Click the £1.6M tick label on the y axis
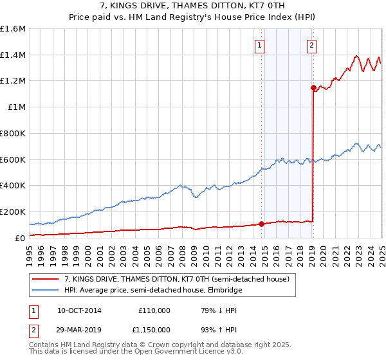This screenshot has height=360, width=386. click(13, 29)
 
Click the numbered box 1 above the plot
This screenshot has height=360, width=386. click(259, 46)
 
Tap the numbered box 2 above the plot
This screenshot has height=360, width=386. click(311, 46)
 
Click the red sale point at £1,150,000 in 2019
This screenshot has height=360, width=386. click(313, 87)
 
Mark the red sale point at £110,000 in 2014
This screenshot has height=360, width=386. click(262, 224)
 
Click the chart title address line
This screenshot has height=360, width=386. click(192, 6)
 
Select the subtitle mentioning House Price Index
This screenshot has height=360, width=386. click(192, 17)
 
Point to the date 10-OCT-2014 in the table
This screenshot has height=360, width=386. click(79, 310)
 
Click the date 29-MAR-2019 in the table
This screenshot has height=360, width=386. click(79, 331)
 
